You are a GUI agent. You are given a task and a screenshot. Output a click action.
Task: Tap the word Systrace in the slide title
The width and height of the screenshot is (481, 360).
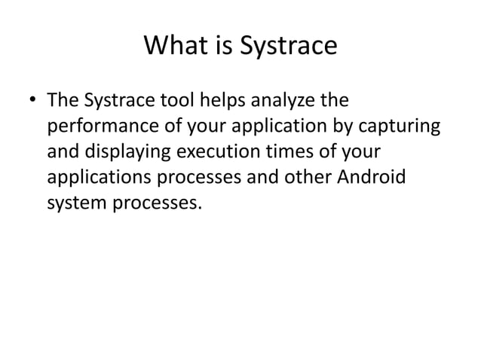point(288,47)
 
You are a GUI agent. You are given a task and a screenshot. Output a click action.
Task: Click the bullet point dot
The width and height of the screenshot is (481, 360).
point(31,100)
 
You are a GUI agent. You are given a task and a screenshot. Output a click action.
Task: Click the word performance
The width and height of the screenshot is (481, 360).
point(97,126)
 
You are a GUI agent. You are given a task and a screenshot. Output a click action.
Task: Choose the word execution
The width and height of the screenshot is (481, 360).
point(217,152)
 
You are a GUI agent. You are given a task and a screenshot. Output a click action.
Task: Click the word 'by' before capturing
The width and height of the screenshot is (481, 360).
point(348,126)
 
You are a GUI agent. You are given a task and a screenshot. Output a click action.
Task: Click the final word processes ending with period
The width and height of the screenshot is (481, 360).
point(157,205)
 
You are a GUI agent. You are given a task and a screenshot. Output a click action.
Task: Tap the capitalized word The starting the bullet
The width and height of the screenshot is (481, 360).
point(62,99)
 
